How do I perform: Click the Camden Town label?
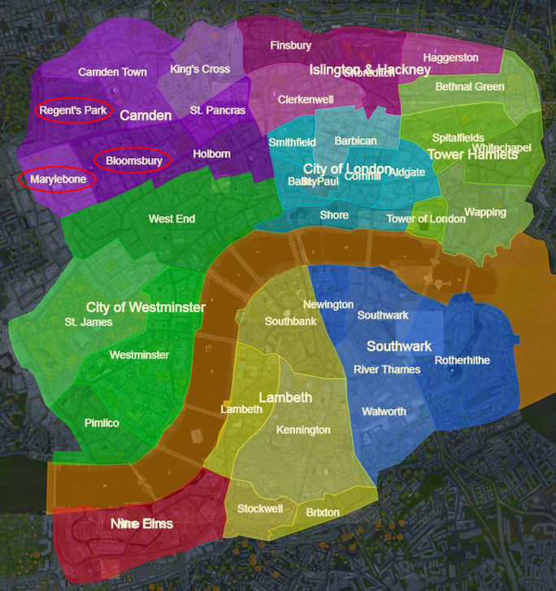(x=112, y=72)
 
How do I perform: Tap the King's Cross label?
(x=200, y=70)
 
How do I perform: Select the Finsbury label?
(x=290, y=46)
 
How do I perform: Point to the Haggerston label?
(x=450, y=59)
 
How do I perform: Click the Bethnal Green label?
(x=470, y=87)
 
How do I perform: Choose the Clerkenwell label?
(x=306, y=99)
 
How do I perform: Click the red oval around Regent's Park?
(x=74, y=111)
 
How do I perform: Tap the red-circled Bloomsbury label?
(x=133, y=161)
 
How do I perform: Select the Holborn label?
(x=211, y=154)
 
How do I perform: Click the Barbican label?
(x=355, y=141)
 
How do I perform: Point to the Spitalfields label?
(x=458, y=138)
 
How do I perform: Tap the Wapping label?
(x=484, y=213)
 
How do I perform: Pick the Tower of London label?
(x=415, y=219)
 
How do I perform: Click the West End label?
(x=172, y=219)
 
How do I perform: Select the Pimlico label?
(x=102, y=424)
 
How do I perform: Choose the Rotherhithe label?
(x=462, y=360)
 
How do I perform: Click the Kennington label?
(x=303, y=430)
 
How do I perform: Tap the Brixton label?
(x=323, y=513)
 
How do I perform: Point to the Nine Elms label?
(x=141, y=524)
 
